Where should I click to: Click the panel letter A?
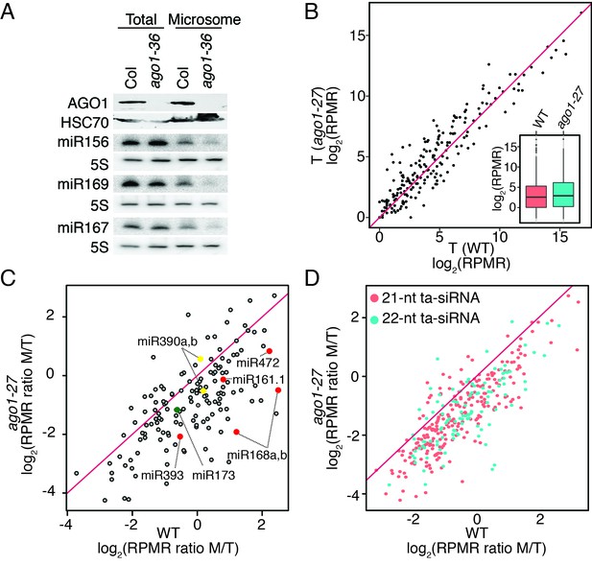click(8, 12)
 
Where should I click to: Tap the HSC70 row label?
click(85, 123)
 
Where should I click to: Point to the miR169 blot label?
click(83, 184)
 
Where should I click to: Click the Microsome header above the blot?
click(204, 19)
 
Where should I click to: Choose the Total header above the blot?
click(141, 19)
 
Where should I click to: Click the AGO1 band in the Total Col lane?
click(131, 103)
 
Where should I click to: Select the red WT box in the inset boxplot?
click(536, 197)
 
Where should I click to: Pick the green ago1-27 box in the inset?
click(563, 195)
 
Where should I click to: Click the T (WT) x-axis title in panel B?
click(471, 247)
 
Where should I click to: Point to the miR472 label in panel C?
click(257, 363)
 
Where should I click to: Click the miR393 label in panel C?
click(162, 475)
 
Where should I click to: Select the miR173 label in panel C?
click(213, 475)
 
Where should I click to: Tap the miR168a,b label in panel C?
click(256, 456)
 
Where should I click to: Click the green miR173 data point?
click(178, 410)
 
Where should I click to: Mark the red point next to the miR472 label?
click(270, 351)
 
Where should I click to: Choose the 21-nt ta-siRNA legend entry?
click(426, 298)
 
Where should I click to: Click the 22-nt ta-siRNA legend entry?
click(426, 318)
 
